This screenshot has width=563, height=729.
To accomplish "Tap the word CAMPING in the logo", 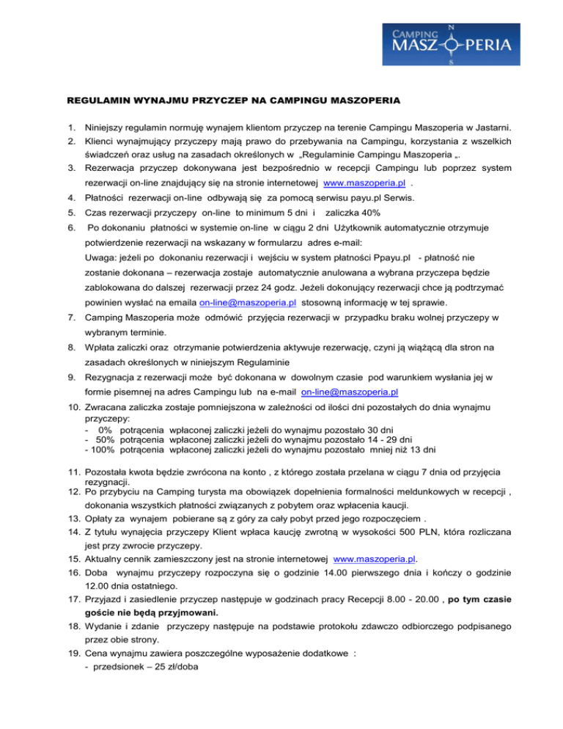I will [x=413, y=34].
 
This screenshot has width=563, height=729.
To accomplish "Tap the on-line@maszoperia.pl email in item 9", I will [x=350, y=392].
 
